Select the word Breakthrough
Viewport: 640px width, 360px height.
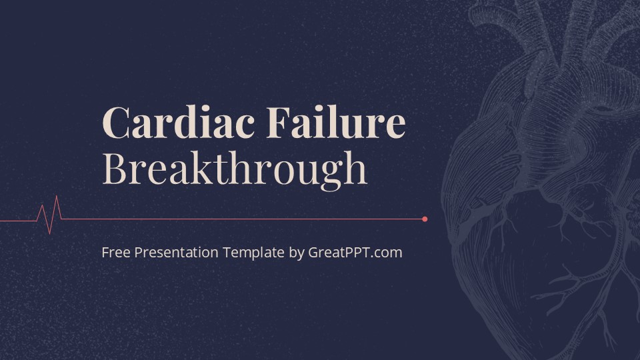[235, 169]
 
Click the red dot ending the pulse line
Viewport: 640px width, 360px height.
[425, 219]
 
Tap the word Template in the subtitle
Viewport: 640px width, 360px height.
[254, 253]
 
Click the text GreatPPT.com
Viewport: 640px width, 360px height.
[355, 253]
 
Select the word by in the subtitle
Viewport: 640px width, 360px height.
[297, 253]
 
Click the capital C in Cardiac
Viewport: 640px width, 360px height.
[117, 123]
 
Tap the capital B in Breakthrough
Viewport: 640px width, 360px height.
[115, 169]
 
